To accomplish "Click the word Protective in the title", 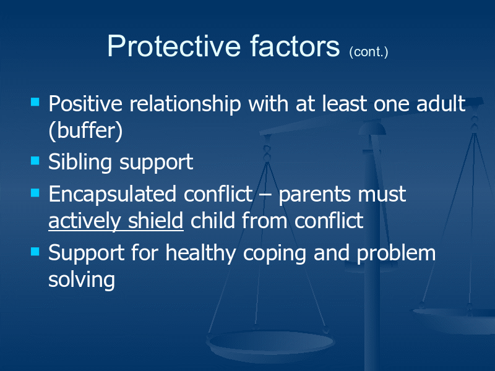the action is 174,46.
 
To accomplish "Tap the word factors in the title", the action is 295,46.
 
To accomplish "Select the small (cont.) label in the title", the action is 368,52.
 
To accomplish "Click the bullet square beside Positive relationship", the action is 35,102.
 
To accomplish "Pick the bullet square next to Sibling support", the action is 35,161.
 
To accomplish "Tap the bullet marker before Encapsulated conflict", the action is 35,192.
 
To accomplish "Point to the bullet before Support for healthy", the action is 35,252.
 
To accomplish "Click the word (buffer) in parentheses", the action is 85,130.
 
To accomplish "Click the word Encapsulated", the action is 112,195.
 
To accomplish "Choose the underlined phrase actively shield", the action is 116,221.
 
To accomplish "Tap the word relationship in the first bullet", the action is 185,104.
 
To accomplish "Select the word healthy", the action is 200,254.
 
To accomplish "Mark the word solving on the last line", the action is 82,280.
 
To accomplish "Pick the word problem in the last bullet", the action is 396,254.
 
